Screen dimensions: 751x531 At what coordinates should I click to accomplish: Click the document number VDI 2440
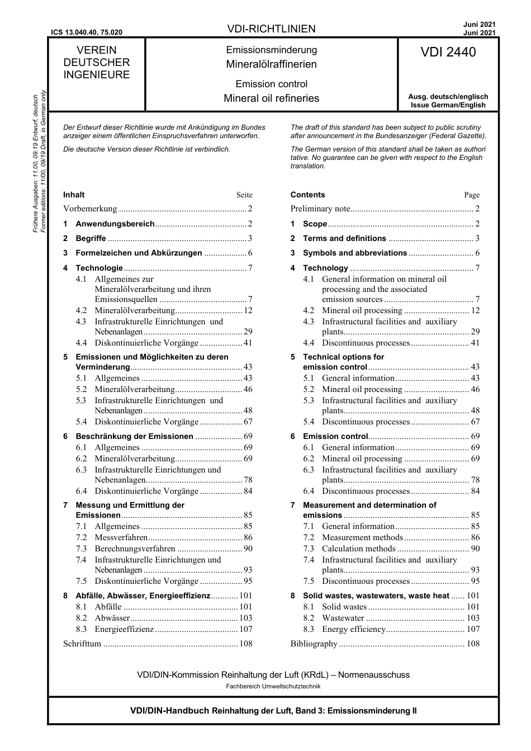point(448,53)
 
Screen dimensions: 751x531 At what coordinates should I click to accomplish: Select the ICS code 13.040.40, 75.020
point(87,33)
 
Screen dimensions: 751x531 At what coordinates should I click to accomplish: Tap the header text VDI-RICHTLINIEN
point(271,29)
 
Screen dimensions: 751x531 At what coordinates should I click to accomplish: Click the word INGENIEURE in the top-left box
point(96,75)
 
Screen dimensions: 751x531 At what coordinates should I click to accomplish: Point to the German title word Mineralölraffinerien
point(271,64)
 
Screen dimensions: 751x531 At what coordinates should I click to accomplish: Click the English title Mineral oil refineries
point(271,98)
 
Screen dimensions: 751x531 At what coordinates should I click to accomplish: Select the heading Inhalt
point(74,195)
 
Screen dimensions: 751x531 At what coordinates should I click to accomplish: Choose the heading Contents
point(307,195)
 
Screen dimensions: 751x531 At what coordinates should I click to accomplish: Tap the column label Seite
point(244,195)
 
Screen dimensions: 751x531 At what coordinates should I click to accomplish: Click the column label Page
point(472,195)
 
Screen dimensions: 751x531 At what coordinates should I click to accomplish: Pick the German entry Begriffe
point(91,238)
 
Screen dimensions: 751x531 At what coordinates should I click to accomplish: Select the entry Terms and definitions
point(344,238)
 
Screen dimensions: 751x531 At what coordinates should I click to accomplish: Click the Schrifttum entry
point(82,644)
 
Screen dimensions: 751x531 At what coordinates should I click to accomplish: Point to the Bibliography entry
point(314,644)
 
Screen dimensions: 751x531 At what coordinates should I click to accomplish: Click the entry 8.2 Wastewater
point(343,618)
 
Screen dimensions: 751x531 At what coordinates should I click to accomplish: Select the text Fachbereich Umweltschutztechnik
point(273,686)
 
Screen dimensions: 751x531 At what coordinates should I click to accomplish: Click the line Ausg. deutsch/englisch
point(448,97)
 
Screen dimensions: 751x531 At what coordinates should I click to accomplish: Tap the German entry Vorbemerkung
point(90,209)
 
